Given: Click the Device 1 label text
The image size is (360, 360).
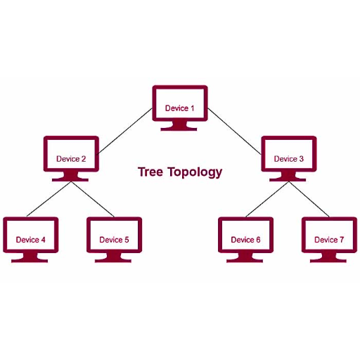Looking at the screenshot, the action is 179,108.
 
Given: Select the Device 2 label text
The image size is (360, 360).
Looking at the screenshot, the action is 71,159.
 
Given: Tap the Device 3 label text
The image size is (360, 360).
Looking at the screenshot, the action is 289,159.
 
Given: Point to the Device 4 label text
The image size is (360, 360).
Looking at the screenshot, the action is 30,240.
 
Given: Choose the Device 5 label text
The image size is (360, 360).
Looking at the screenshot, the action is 114,240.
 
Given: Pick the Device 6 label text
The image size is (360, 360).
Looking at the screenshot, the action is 245,240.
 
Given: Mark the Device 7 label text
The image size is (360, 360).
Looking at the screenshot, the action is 329,240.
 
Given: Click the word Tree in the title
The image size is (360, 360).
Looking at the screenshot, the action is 150,172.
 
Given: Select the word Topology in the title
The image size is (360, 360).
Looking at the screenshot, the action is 195,172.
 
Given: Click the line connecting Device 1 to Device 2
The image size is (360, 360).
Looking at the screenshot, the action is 124,131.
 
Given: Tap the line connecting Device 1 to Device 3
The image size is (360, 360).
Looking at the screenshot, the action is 234,131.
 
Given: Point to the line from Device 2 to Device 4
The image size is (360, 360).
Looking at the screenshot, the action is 49,199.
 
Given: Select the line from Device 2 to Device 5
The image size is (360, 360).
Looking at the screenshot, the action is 93,199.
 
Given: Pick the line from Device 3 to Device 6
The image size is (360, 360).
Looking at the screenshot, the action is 267,199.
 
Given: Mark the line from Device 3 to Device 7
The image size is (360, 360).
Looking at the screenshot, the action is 309,199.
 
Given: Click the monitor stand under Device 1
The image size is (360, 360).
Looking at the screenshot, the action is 179,126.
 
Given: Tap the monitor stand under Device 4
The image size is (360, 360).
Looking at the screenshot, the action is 30,257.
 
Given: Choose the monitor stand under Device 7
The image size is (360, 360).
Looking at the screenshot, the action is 328,257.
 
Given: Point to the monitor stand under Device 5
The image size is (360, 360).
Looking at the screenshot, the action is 113,257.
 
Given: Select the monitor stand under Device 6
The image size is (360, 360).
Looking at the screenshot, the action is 245,257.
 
